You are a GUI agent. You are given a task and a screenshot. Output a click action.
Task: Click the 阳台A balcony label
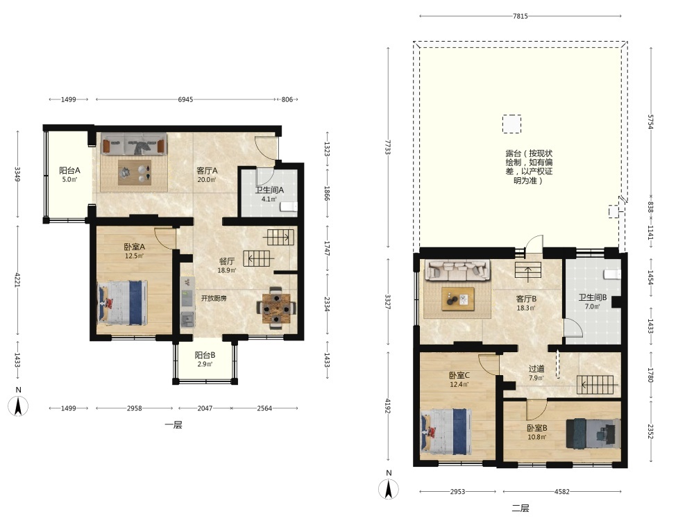pos(69,170)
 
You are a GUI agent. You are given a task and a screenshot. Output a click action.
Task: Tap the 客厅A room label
pos(207,171)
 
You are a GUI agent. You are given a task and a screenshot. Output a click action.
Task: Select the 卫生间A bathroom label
pos(269,190)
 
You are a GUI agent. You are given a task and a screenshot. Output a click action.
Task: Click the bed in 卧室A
pos(123,302)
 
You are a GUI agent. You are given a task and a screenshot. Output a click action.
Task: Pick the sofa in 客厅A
pos(134,144)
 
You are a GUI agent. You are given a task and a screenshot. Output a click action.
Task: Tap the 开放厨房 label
pos(214,298)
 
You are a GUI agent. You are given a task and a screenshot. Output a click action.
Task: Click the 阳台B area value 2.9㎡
pos(205,364)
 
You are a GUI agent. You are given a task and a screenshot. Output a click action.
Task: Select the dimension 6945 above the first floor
pos(185,99)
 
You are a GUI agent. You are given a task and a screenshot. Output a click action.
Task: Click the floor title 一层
pos(173,425)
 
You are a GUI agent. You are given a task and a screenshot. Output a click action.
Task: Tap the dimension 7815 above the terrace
pos(520,16)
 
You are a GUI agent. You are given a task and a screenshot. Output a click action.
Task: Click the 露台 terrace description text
pos(529,167)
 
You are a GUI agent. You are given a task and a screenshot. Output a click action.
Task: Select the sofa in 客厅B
pos(457,270)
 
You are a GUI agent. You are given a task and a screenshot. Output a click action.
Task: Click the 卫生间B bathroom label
pos(592,298)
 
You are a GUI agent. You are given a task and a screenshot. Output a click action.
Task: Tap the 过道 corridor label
pos(536,369)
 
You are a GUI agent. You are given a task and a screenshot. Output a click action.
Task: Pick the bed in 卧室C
pos(446,432)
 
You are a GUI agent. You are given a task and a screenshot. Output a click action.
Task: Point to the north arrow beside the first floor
pos(18,406)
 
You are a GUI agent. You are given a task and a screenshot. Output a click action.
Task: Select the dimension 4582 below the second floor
pos(561,491)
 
